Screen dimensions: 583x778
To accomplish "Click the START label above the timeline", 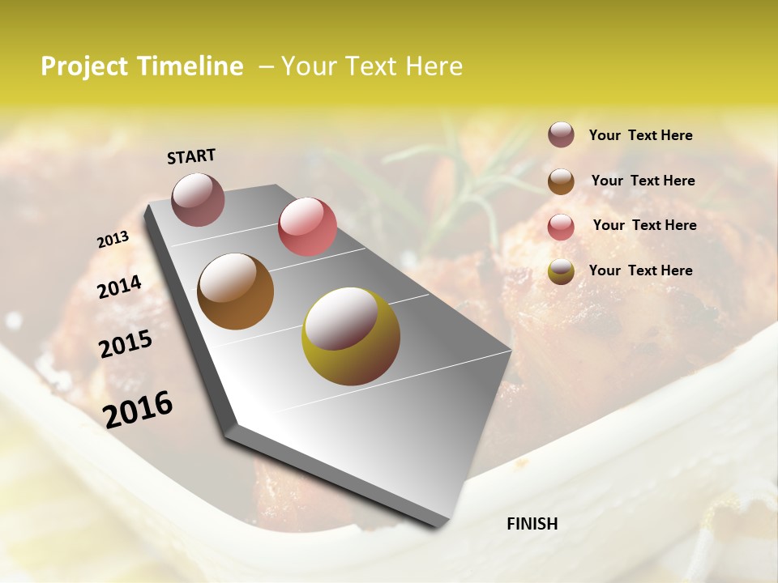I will coord(191,156).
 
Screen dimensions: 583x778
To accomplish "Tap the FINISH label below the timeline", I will coord(532,524).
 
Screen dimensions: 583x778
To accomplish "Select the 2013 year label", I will coord(113,240).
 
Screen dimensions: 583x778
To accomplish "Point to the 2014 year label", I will coord(119,287).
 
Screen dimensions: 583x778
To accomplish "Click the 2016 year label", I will coord(138,410).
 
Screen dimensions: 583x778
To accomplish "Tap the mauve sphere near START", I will coord(198,199).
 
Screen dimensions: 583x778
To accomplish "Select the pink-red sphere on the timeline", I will coord(307,227).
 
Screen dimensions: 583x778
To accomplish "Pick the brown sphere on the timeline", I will coord(236,291).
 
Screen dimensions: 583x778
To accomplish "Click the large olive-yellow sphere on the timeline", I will coord(351,336).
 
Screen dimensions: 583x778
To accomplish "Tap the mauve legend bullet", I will coord(561,135).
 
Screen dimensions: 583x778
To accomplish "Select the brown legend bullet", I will coord(561,181).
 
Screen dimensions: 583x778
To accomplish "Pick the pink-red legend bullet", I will coord(561,226).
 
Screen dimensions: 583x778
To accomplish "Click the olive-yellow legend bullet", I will coord(561,271).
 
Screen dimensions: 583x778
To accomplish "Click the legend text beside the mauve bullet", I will coord(640,135).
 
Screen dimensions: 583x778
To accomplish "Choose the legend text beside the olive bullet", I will coord(640,270).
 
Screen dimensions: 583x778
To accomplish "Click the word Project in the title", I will coord(83,66).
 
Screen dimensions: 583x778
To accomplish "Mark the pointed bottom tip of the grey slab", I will coord(438,526).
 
